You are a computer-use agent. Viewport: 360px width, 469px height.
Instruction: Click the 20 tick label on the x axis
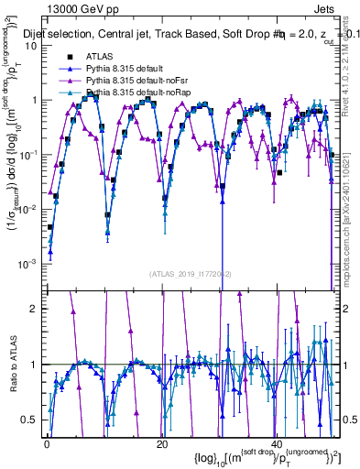(x=162, y=444)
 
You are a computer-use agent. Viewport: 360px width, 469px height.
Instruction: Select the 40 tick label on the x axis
(x=277, y=444)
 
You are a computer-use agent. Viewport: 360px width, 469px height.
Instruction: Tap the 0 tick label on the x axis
(x=47, y=444)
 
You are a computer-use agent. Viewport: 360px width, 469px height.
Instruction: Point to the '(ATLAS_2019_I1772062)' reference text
(x=191, y=274)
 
